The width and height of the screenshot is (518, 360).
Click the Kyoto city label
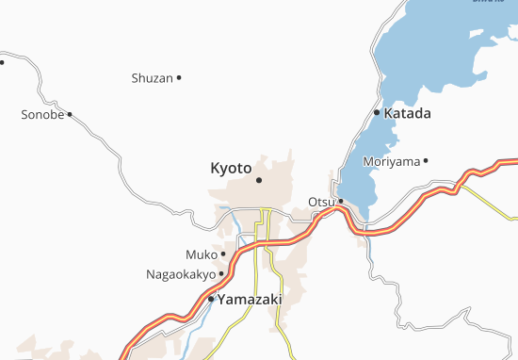(231, 168)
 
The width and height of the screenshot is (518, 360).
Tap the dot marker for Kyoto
(258, 180)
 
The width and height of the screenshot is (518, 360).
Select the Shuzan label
(152, 78)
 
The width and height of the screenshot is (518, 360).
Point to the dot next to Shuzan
(179, 77)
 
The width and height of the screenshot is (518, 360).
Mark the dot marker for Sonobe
(70, 115)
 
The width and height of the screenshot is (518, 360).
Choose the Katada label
(407, 114)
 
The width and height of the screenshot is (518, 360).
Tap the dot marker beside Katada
(377, 113)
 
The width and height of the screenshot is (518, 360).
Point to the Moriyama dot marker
(426, 161)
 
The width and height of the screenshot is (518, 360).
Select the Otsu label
(320, 202)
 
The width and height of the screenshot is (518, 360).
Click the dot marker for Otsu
(341, 201)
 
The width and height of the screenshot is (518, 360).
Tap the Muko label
(201, 254)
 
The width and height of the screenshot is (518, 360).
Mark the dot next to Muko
(223, 254)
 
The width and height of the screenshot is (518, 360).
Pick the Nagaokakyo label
(180, 275)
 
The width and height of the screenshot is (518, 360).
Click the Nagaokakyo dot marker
(221, 274)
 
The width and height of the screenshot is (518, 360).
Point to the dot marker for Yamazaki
(211, 299)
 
